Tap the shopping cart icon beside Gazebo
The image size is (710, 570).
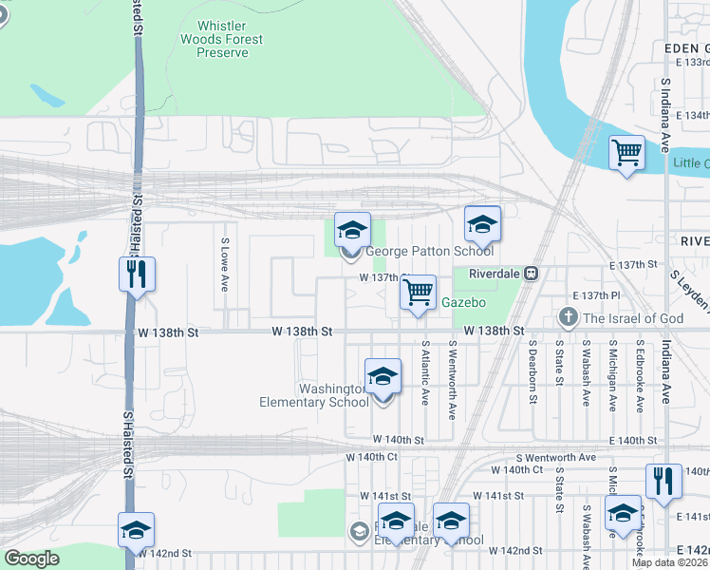click(x=418, y=293)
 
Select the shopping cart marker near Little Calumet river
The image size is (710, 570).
click(x=626, y=152)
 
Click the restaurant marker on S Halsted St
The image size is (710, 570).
click(x=137, y=275)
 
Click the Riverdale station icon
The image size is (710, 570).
click(x=532, y=273)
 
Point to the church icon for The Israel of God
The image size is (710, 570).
click(x=569, y=316)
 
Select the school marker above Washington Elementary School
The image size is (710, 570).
click(x=383, y=376)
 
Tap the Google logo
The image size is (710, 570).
click(x=31, y=559)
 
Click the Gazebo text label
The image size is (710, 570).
click(x=464, y=302)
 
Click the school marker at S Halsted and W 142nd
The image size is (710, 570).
click(x=136, y=529)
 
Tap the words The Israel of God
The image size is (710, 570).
click(x=634, y=318)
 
